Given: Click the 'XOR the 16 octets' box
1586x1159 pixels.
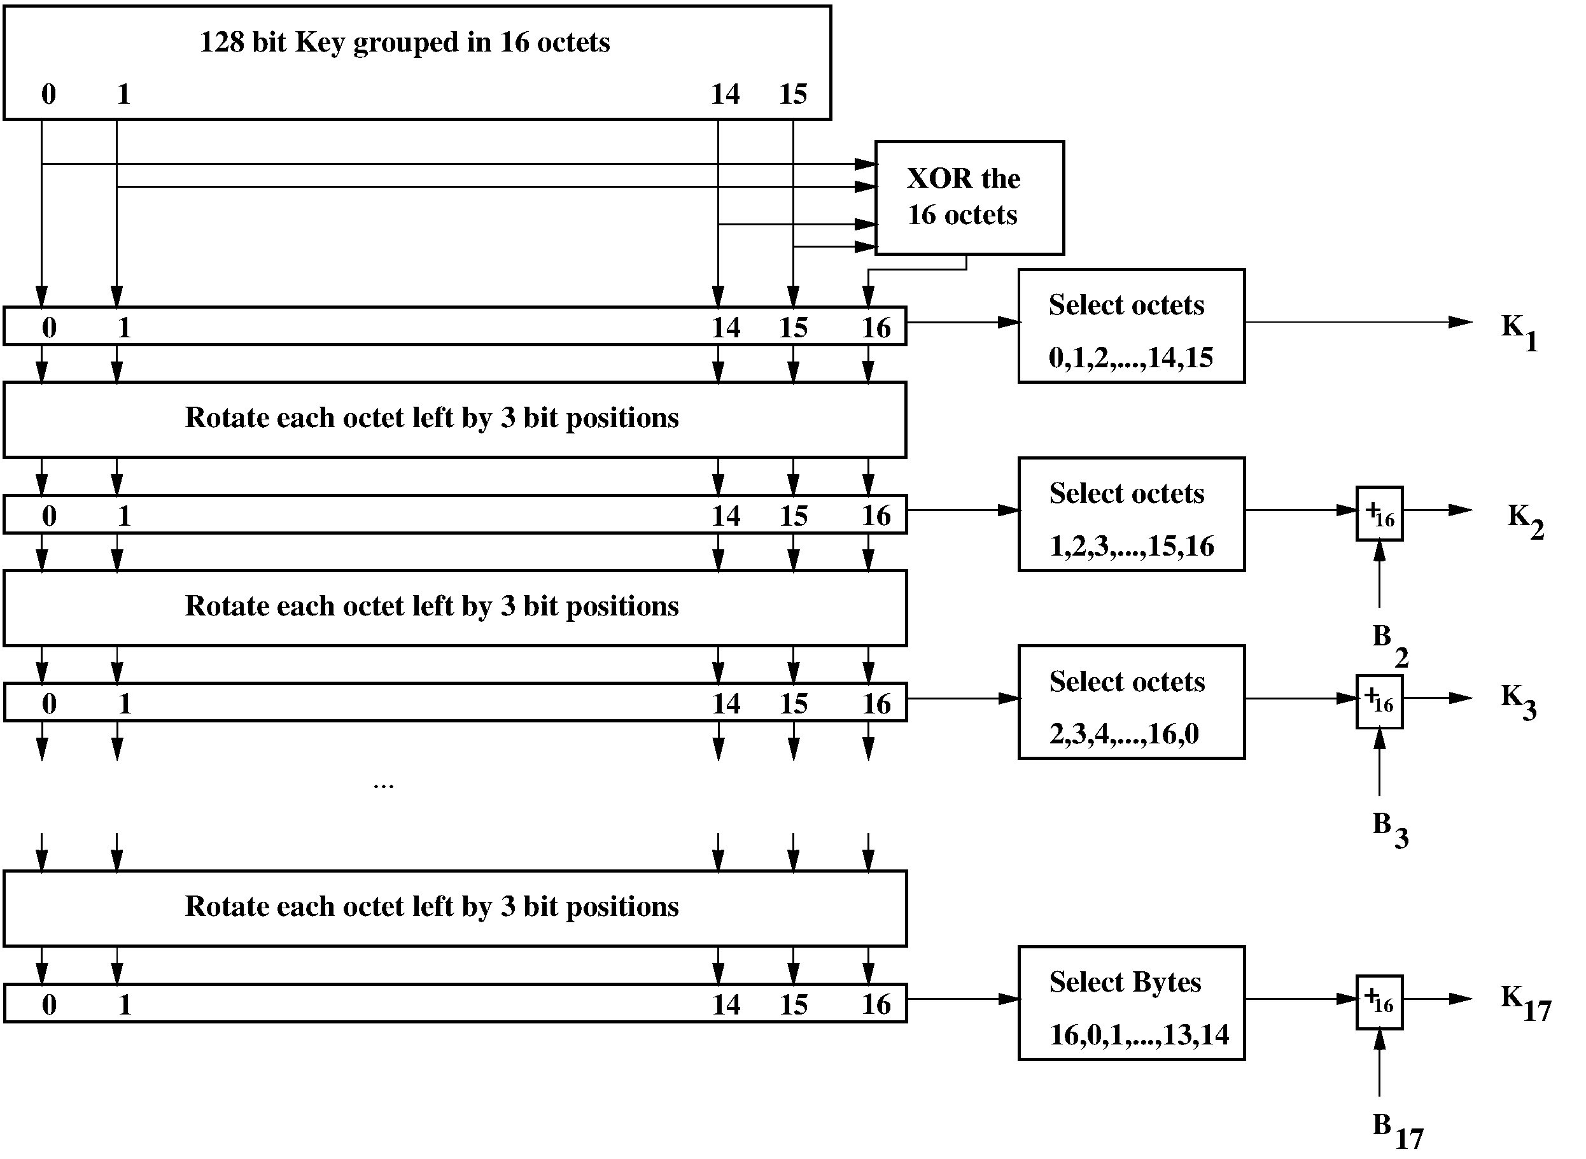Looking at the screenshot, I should coord(969,198).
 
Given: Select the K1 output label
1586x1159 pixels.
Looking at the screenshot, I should coord(1518,331).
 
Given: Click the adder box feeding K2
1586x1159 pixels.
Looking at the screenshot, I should coord(1379,514).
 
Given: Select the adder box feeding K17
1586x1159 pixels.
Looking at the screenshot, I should coord(1379,1002).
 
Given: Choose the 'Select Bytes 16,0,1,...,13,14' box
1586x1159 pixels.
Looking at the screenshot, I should coord(1131,1003).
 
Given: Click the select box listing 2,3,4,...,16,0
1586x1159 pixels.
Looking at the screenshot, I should coord(1131,702).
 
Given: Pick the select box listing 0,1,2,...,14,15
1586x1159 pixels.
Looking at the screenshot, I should coord(1131,325).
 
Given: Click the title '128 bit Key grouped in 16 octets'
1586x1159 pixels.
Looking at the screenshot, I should coord(405,42).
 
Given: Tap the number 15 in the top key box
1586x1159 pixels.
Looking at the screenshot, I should coord(792,94).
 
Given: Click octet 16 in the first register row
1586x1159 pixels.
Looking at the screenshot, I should coord(876,328).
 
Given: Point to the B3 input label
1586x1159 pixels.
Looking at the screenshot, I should coord(1389,829).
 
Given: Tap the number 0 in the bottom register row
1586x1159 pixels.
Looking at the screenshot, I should coord(49,1004).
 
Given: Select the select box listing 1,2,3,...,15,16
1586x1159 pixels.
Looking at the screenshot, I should coord(1131,514).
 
